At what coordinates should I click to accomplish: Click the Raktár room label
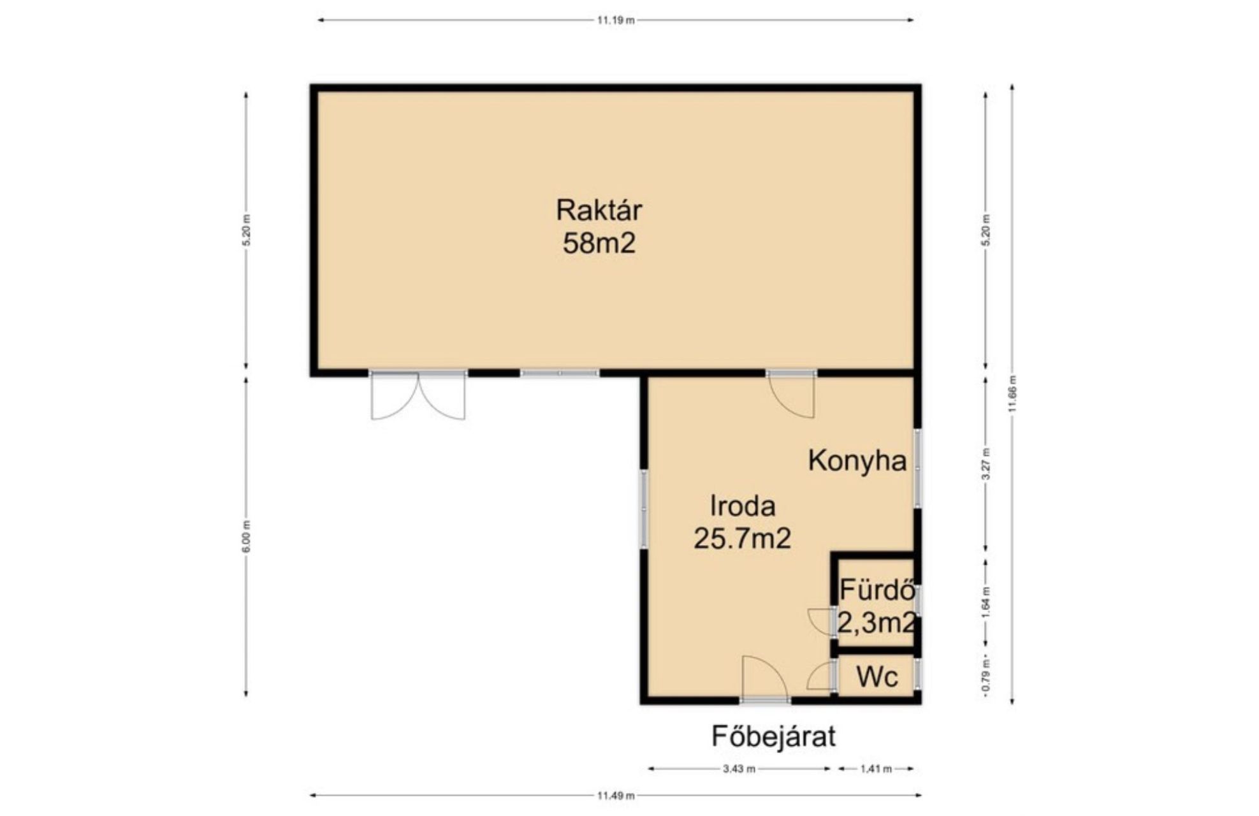[599, 210]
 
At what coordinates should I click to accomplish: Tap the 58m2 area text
[599, 243]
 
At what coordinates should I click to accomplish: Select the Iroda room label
[743, 506]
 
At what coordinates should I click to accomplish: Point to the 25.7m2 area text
[742, 539]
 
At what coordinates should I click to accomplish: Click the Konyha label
[857, 461]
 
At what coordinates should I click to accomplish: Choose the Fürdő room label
[877, 590]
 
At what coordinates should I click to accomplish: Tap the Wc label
[877, 677]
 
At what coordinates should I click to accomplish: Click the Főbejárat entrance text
[773, 736]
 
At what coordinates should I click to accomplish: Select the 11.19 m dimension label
[616, 20]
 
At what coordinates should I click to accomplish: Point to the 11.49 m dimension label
[616, 795]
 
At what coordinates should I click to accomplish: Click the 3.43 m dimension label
[739, 769]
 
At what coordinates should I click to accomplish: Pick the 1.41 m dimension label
[876, 769]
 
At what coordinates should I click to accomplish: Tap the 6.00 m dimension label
[247, 537]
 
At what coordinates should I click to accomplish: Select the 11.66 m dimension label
[1012, 395]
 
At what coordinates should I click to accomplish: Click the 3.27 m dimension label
[986, 464]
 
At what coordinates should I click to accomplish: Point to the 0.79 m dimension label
[986, 678]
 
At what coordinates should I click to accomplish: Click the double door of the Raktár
[418, 395]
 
